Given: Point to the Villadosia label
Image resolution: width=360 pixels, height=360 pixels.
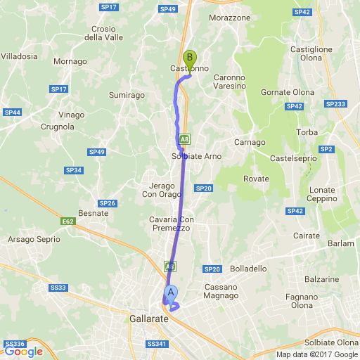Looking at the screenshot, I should [19, 56].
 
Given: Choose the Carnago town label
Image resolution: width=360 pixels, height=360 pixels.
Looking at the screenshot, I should [249, 142].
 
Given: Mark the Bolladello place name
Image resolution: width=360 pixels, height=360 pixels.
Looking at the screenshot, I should [248, 269].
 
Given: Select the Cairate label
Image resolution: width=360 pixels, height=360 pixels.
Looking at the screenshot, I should [306, 236].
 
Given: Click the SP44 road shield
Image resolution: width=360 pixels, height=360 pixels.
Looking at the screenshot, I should [12, 112].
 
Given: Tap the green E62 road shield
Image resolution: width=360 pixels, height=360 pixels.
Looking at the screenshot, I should [68, 221].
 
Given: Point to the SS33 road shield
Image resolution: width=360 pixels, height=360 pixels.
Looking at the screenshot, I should [58, 288].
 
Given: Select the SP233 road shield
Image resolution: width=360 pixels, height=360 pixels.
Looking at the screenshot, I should [335, 104].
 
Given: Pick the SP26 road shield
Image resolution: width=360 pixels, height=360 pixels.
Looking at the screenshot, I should [107, 203].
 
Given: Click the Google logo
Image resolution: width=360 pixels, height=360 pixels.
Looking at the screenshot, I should [23, 352].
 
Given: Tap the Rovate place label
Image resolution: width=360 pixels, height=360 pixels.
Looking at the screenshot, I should [256, 179].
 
